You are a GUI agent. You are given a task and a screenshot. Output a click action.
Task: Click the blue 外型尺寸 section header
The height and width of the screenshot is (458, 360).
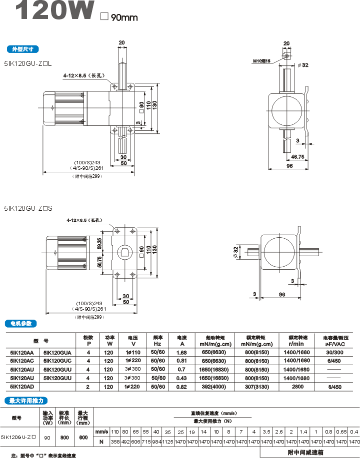coord(22,49)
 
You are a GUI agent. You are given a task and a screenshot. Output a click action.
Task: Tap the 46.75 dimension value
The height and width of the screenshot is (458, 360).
coord(298,156)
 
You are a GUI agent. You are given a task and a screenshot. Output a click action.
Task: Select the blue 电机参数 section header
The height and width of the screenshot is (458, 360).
coord(22,323)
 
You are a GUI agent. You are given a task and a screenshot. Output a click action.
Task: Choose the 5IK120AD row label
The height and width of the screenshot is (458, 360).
coord(22,386)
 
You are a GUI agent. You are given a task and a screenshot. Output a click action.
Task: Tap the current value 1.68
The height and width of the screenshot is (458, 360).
coord(181,353)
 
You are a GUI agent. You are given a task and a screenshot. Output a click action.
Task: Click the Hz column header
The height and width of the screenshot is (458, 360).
coord(157,344)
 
